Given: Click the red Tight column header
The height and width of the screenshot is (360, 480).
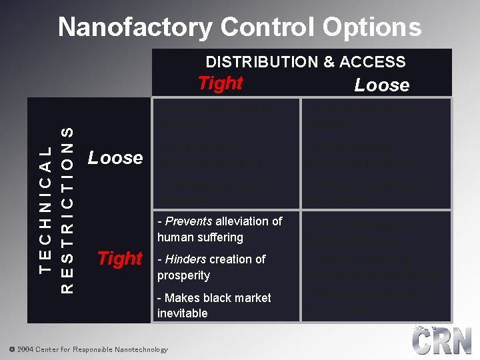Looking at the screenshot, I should (x=220, y=83).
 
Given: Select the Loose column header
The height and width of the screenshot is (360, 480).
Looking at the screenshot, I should (x=381, y=85).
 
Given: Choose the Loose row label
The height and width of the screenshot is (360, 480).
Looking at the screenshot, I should (x=115, y=158).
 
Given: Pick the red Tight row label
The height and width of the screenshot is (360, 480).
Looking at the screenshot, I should (x=120, y=258).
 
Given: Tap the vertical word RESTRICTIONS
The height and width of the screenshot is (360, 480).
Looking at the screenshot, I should (x=67, y=209).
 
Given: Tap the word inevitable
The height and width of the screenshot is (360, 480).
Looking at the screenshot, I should (x=183, y=313).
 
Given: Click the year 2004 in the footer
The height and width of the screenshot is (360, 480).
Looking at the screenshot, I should (x=25, y=349).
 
